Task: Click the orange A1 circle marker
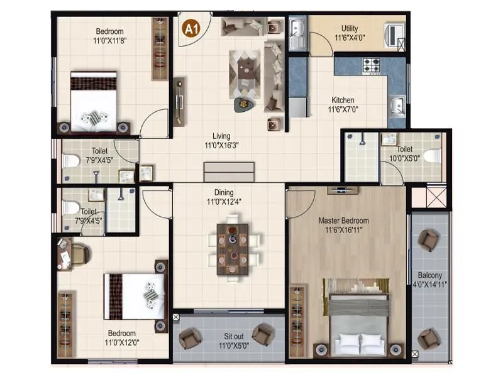[189, 28]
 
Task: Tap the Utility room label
[350, 28]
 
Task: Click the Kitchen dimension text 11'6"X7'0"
[343, 109]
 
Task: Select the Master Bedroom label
[343, 221]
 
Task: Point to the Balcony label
[430, 275]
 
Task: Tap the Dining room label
[223, 192]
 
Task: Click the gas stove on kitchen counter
[370, 64]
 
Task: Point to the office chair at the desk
[80, 253]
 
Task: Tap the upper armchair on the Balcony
[429, 239]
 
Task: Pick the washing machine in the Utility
[394, 33]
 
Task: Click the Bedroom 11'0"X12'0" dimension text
[121, 342]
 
